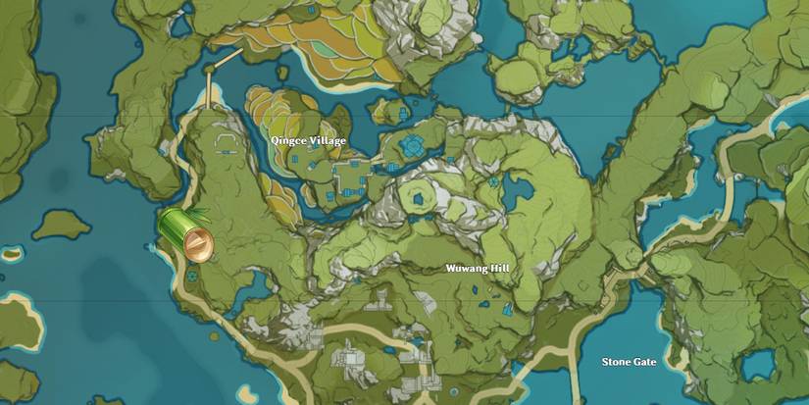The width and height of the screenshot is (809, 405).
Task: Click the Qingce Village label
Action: [309, 141]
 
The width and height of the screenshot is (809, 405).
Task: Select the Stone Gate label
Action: [629, 362]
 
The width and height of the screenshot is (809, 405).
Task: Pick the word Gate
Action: [643, 362]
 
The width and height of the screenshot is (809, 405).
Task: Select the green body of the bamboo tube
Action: [175, 229]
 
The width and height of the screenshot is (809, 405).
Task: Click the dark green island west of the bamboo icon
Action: [61, 226]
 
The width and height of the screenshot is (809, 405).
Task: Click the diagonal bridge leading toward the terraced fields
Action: [228, 57]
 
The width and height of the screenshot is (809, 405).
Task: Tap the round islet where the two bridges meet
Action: [210, 69]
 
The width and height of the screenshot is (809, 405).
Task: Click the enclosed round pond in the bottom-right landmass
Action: [758, 365]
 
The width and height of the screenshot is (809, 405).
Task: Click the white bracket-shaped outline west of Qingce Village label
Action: [227, 146]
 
